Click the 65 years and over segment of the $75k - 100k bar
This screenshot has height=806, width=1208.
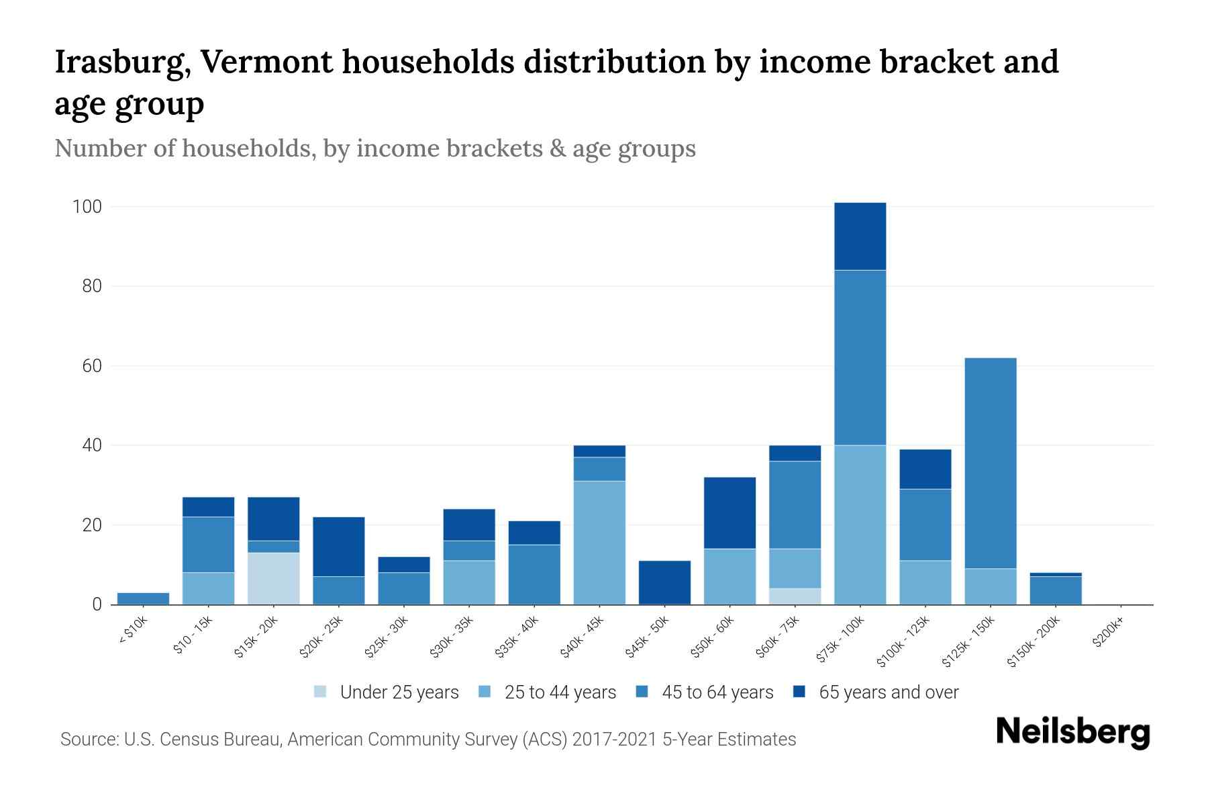coord(860,236)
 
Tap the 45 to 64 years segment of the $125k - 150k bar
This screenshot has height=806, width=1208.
coord(990,463)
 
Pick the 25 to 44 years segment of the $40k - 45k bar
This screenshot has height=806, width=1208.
coord(599,543)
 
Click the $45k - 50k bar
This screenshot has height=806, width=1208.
coord(664,582)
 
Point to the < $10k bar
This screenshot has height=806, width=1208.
coord(143,598)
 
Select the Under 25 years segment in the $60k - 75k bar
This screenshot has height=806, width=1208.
coord(795,596)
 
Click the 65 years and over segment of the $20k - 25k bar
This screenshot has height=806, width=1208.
coord(338,547)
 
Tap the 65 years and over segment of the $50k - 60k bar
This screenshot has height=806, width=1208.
coord(729,513)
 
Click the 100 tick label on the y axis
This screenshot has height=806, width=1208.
coord(87,207)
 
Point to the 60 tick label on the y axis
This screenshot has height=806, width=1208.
coord(92,366)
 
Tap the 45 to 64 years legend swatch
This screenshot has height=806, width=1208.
coord(642,692)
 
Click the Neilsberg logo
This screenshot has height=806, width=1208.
coord(1072,732)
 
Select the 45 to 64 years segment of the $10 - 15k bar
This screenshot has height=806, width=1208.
coord(208,545)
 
